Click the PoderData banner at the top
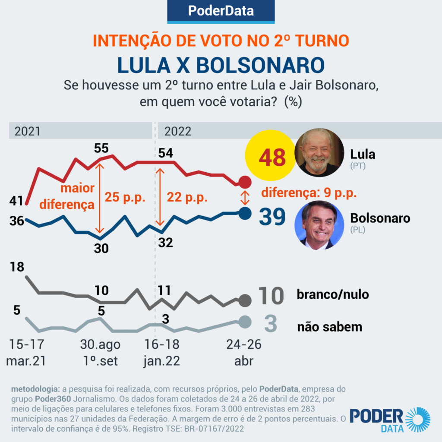tap(221, 11)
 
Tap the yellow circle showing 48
tap(272, 158)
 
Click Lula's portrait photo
tap(319, 152)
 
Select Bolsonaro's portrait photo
tap(319, 225)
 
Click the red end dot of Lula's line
tap(245, 182)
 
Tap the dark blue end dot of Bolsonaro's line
tap(245, 213)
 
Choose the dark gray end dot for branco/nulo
tap(245, 300)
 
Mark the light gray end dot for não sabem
tap(245, 322)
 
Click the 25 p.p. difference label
tap(125, 198)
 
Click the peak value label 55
tap(101, 148)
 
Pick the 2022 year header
tap(177, 131)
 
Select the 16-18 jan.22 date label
tap(161, 353)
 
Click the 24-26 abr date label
tap(244, 353)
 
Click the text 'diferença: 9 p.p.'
tap(309, 193)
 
